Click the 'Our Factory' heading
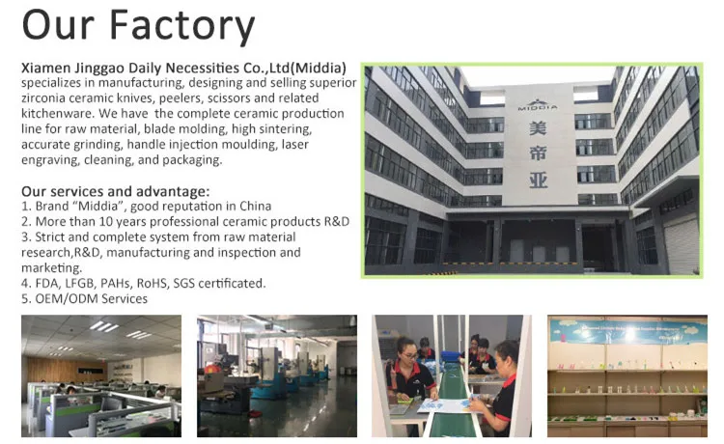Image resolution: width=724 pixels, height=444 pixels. (137, 26)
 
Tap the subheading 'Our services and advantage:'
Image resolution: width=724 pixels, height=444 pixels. (115, 191)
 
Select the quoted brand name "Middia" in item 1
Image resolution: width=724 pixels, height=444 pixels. (98, 207)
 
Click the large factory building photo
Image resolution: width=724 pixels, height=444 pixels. (532, 171)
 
